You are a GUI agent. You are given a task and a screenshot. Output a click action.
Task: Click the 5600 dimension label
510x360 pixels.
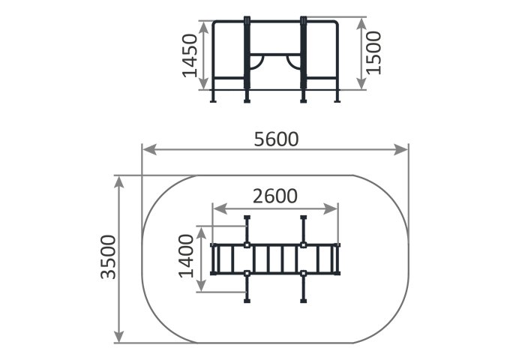(x=276, y=139)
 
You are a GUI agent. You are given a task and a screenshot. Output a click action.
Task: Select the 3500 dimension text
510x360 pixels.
(x=108, y=257)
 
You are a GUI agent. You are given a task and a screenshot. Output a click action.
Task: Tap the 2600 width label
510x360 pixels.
(x=275, y=196)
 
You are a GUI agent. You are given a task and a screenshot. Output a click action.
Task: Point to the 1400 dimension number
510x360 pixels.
(x=186, y=256)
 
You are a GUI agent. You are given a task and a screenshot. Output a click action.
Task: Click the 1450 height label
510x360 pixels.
(x=190, y=55)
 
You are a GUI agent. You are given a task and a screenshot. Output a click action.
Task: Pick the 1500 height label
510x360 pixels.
(x=373, y=52)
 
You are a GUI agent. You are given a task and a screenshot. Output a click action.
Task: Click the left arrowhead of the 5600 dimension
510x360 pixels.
(x=149, y=149)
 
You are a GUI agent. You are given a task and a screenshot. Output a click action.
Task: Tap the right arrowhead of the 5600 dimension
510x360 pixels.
(x=400, y=149)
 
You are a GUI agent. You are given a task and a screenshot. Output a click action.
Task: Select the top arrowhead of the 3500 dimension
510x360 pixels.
(x=119, y=182)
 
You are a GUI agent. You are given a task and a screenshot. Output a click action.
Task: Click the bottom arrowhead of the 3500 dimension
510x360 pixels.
(x=119, y=336)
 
